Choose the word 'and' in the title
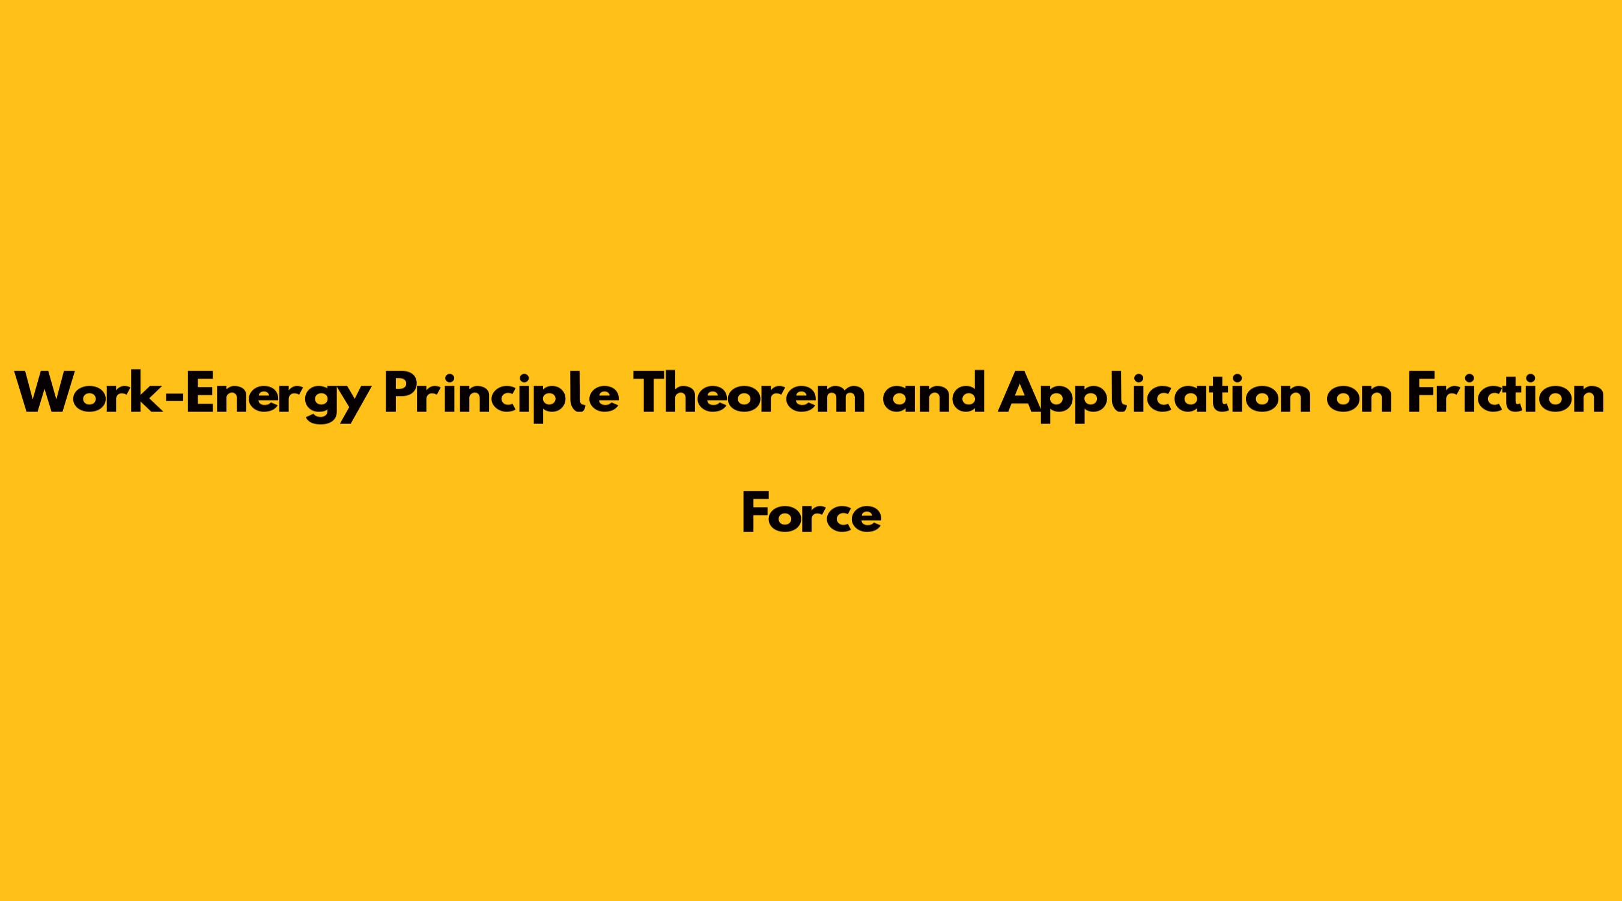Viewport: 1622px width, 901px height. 933,392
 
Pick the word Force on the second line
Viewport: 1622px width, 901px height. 812,513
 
